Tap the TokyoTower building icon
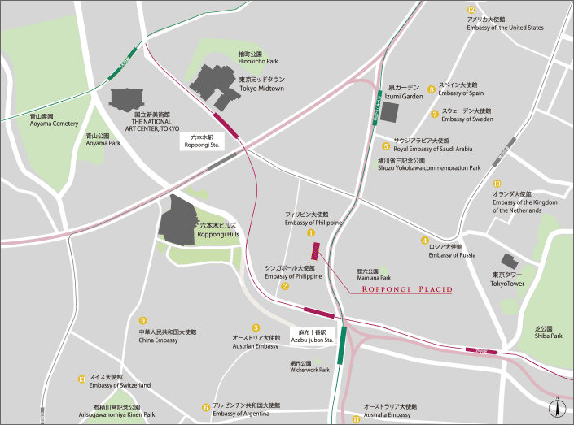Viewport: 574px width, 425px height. coord(510,261)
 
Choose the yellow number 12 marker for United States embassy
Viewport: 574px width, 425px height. coord(471,9)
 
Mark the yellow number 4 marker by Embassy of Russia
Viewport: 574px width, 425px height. coord(424,241)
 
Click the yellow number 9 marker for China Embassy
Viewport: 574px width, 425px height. coord(143,320)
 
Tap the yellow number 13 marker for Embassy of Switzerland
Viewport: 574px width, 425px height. coord(81,379)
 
